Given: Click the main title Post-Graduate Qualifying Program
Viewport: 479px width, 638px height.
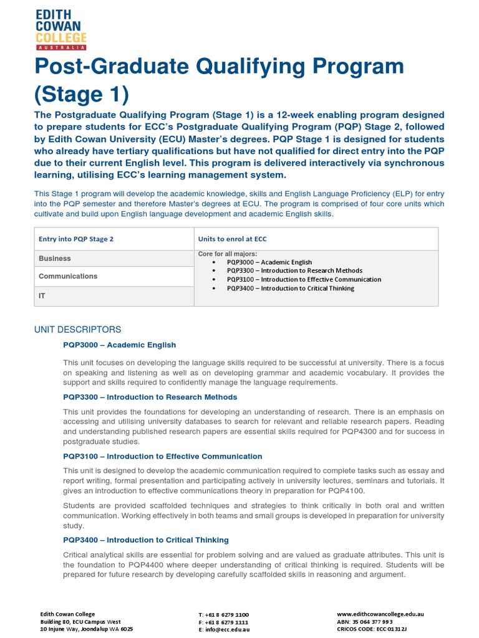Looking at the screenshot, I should tap(219, 66).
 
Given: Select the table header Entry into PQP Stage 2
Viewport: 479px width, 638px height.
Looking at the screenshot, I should tap(76, 239).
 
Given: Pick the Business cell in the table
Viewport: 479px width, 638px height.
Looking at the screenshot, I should tap(55, 259).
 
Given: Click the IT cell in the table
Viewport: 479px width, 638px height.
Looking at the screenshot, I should tap(42, 296).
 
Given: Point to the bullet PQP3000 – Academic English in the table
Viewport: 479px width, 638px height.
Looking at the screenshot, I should tap(269, 262).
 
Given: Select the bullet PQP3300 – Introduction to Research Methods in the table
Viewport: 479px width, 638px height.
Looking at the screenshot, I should tap(294, 271).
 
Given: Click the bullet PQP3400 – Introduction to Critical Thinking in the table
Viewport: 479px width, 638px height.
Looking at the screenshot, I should tap(290, 288).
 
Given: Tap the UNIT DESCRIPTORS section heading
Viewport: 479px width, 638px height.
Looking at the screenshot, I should tap(77, 330).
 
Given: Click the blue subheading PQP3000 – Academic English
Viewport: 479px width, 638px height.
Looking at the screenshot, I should tap(119, 345).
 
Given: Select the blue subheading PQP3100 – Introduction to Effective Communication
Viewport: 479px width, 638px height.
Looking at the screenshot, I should tap(162, 457).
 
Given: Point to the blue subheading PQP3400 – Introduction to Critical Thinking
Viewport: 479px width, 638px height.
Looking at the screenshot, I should tap(145, 540).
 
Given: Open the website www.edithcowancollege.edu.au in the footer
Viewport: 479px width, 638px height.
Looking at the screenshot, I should tap(380, 614).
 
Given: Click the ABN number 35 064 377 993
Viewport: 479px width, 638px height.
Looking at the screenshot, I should tap(365, 622).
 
